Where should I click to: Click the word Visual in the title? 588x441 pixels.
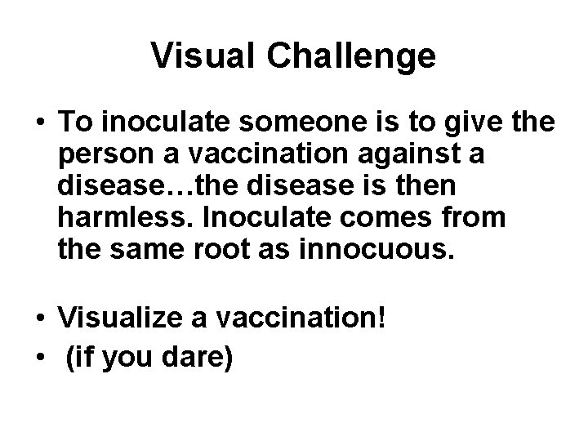pos(196,56)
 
